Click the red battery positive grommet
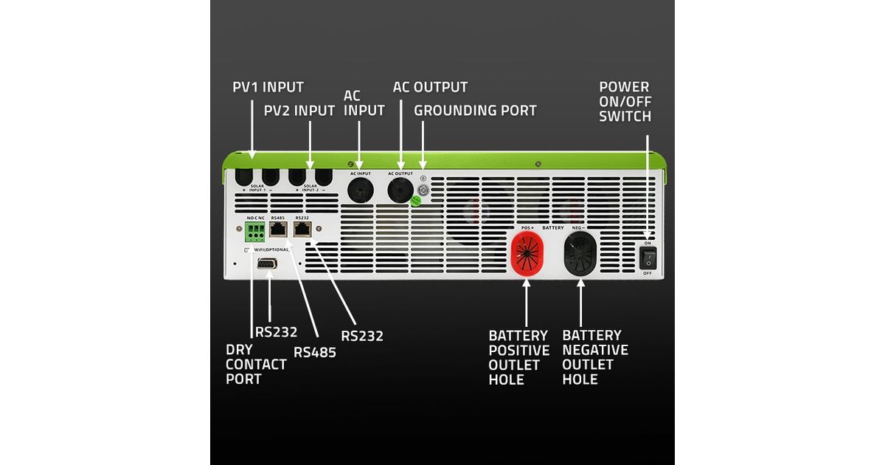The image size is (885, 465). click(527, 255)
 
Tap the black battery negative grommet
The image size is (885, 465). click(580, 255)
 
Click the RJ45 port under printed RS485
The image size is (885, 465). click(279, 230)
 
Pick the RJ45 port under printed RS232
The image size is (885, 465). click(302, 230)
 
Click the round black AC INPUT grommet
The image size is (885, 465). click(360, 189)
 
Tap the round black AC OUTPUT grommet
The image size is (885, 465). click(400, 189)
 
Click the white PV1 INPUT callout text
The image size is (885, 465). click(268, 88)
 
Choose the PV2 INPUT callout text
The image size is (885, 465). click(299, 111)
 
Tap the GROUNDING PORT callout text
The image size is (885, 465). click(475, 111)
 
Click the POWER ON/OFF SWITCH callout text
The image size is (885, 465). click(625, 101)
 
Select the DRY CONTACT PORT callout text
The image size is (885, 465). click(256, 364)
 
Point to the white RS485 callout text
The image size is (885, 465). click(315, 352)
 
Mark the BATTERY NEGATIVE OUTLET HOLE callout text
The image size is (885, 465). click(594, 357)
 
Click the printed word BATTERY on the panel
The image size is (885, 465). click(553, 228)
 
